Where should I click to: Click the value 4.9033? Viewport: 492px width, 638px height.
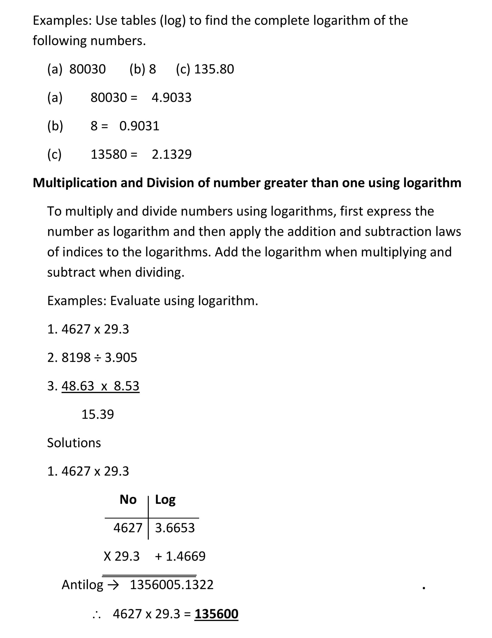pos(171,98)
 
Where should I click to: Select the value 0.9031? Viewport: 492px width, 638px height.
pos(139,126)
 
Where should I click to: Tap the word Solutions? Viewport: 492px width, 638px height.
pos(74,443)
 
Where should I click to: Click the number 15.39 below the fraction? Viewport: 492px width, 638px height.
pos(98,414)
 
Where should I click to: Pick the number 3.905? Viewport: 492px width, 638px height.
pos(121,358)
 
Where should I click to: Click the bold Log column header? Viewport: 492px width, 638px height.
pos(165,500)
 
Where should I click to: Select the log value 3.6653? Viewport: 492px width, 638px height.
pos(175,528)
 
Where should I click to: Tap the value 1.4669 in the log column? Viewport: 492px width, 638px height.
pos(186,556)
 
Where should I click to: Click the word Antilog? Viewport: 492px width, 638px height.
pos(82,584)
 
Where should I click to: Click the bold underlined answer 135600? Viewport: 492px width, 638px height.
pos(216,614)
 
